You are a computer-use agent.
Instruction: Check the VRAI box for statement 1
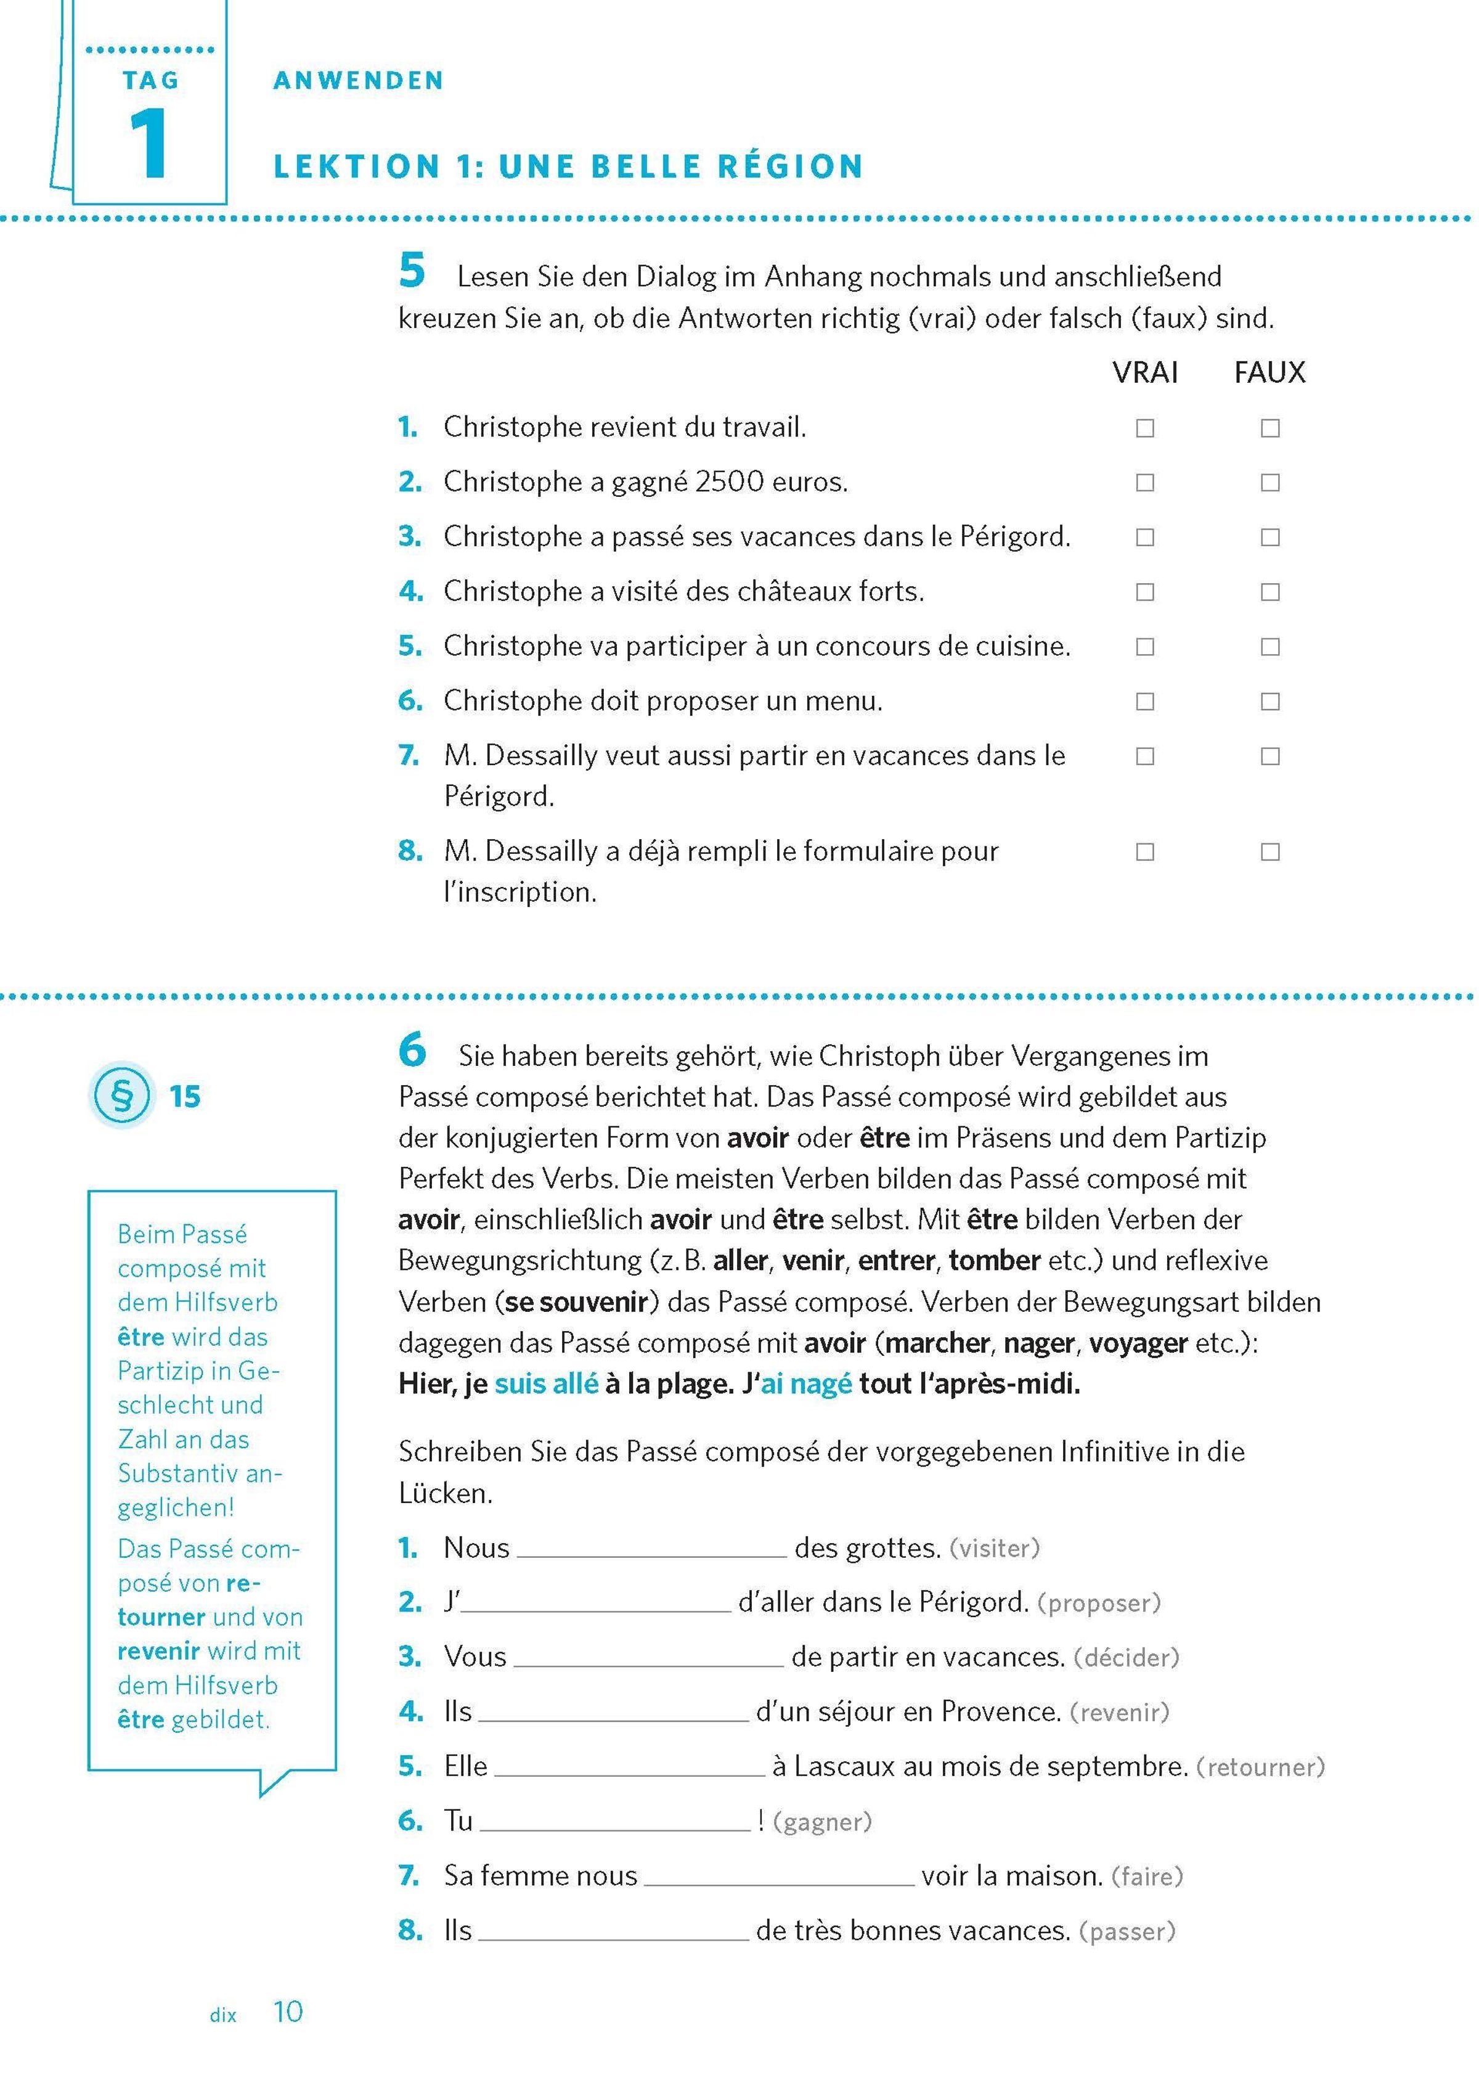click(x=1145, y=428)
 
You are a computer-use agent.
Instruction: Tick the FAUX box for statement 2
click(x=1269, y=483)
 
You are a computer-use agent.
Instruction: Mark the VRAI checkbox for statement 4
click(x=1145, y=592)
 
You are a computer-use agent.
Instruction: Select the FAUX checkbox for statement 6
click(x=1269, y=702)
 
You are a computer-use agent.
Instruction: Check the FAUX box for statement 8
click(x=1269, y=851)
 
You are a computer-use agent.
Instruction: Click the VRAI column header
click(x=1145, y=372)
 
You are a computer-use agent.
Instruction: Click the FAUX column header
click(x=1269, y=372)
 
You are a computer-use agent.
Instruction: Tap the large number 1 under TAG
click(x=149, y=143)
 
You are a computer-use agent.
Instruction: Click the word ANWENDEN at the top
click(x=358, y=81)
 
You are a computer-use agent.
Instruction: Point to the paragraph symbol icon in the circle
click(x=121, y=1096)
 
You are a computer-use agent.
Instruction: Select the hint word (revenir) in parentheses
click(x=1119, y=1713)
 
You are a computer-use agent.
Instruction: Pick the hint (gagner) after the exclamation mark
click(x=822, y=1822)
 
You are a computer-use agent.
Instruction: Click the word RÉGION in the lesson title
click(x=789, y=166)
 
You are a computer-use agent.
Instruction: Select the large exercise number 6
click(x=412, y=1051)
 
